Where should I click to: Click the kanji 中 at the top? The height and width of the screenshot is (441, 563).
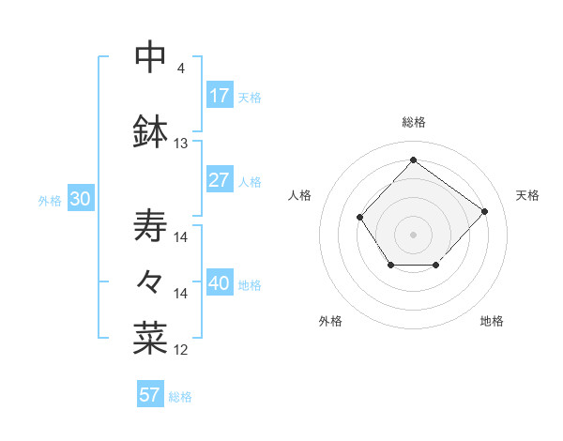150,56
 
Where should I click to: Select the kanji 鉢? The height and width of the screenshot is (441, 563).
150,131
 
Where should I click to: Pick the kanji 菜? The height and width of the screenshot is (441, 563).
150,339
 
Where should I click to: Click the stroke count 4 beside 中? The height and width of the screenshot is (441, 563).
181,68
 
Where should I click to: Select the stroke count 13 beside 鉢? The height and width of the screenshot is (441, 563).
181,144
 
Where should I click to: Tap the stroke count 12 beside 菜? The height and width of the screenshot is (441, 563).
181,350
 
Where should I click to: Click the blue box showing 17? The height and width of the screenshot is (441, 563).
220,96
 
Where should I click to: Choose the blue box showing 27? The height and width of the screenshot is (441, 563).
220,180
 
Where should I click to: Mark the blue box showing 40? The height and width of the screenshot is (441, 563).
220,283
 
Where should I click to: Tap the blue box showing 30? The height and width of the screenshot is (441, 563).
80,199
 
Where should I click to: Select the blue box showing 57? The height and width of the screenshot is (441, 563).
150,395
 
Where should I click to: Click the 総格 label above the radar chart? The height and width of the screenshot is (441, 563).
413,123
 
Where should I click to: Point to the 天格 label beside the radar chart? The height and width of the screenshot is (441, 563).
527,195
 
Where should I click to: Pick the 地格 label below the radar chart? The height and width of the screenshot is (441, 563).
492,321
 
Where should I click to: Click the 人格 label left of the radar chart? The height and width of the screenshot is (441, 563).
299,195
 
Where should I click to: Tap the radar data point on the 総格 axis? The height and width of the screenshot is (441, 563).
413,160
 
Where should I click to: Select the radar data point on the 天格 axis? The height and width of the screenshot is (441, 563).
484,211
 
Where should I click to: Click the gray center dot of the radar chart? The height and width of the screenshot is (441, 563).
413,234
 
